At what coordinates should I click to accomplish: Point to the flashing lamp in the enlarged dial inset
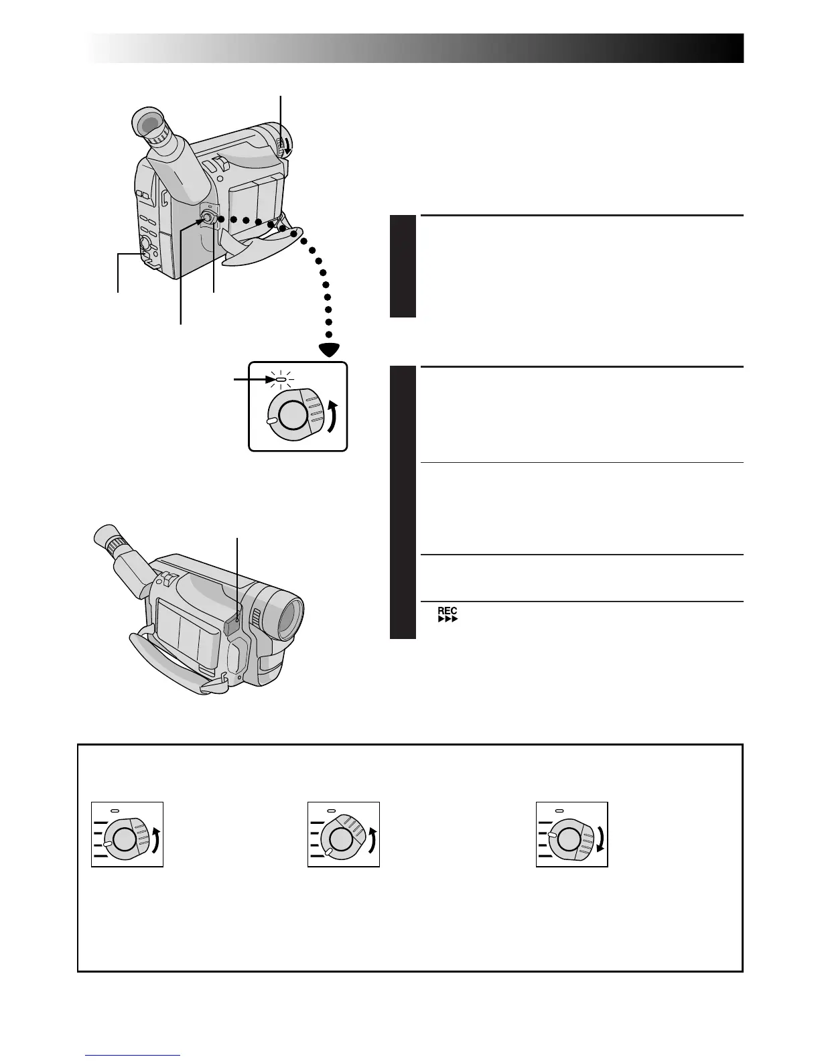(x=281, y=380)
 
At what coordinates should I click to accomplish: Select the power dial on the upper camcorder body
(x=208, y=218)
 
